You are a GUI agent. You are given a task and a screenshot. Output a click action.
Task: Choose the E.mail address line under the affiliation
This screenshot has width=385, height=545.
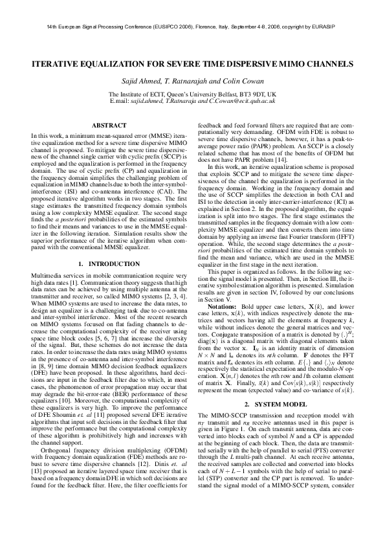pos(192,101)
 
